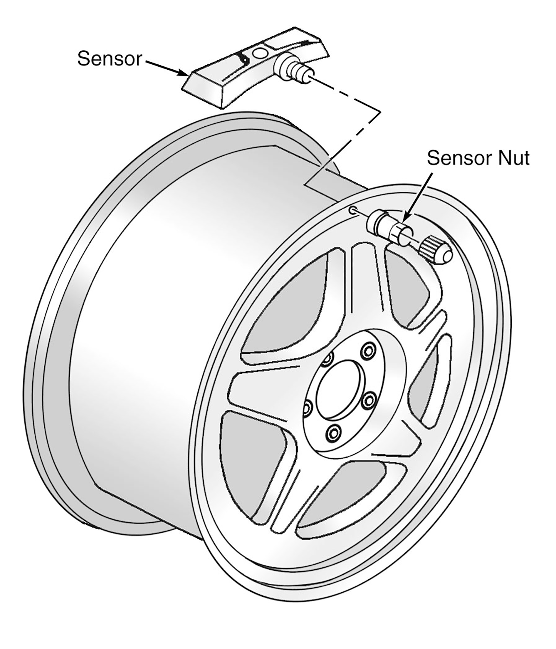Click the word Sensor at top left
tap(109, 59)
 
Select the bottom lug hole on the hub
tap(333, 433)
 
